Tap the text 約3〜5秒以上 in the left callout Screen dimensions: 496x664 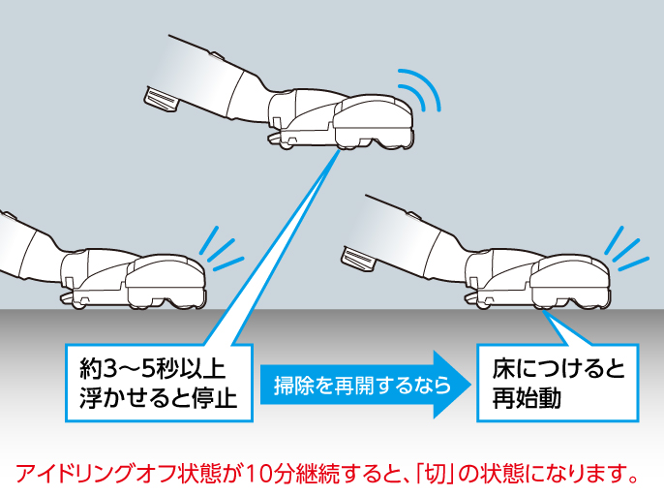153,370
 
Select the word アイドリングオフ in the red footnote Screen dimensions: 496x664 88,475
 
